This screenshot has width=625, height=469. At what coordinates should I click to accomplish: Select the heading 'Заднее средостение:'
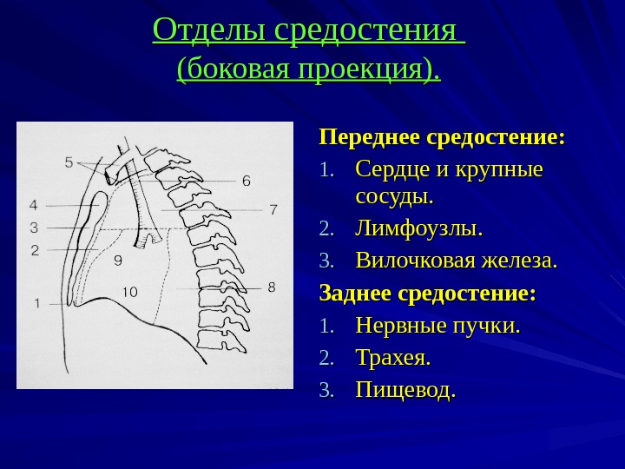pyautogui.click(x=428, y=293)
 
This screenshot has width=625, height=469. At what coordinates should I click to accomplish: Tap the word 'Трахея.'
pyautogui.click(x=393, y=357)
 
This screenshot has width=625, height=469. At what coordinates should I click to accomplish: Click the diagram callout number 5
pyautogui.click(x=69, y=162)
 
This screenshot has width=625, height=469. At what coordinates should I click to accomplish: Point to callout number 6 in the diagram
pyautogui.click(x=246, y=182)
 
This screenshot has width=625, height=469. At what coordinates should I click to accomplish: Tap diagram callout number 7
pyautogui.click(x=273, y=209)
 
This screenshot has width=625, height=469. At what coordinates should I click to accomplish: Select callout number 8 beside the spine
pyautogui.click(x=271, y=286)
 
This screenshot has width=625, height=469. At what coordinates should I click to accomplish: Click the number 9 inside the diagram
pyautogui.click(x=117, y=259)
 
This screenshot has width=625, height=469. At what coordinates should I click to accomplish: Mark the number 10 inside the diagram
pyautogui.click(x=129, y=292)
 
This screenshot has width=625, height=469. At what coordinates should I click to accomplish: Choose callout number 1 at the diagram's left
pyautogui.click(x=37, y=303)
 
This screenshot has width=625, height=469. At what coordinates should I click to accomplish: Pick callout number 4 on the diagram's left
pyautogui.click(x=34, y=206)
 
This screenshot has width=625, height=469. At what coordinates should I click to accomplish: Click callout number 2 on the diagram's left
pyautogui.click(x=35, y=250)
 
